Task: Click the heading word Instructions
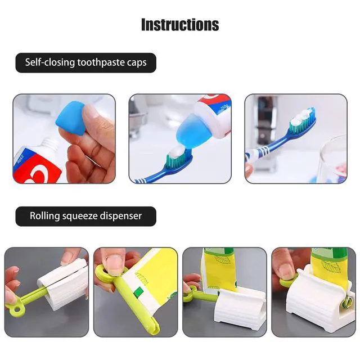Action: tap(180, 25)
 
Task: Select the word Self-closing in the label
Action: tap(50, 62)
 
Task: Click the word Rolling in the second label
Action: tap(45, 216)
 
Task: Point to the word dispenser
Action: tap(120, 216)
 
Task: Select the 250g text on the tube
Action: tap(223, 109)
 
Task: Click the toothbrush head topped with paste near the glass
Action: tap(303, 121)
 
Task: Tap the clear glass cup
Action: tap(333, 159)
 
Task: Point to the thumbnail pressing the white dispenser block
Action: tap(67, 256)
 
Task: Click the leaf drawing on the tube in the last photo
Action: tap(328, 266)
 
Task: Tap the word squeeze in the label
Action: tap(80, 217)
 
